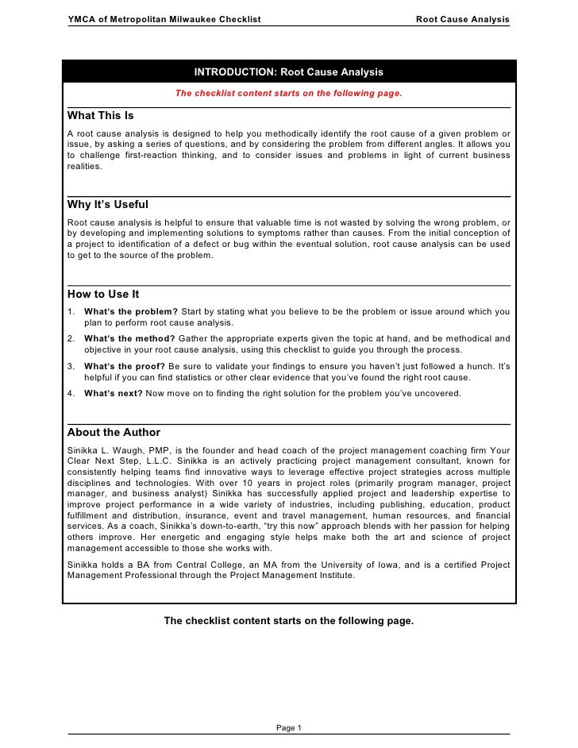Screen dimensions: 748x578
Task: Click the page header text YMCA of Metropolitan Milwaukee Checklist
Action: click(x=164, y=18)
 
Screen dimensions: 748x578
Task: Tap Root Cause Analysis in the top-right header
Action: click(x=463, y=18)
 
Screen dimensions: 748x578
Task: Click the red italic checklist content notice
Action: click(x=288, y=93)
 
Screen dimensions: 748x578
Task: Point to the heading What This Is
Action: click(x=101, y=116)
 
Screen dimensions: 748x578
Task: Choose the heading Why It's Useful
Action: click(x=108, y=205)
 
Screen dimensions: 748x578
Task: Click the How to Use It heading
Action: click(x=103, y=294)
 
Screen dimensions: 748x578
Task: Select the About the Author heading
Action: click(x=114, y=433)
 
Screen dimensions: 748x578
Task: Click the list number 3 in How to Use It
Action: click(x=71, y=366)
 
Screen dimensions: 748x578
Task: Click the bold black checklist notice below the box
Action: click(x=288, y=620)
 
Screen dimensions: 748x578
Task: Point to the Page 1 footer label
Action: click(x=288, y=727)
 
